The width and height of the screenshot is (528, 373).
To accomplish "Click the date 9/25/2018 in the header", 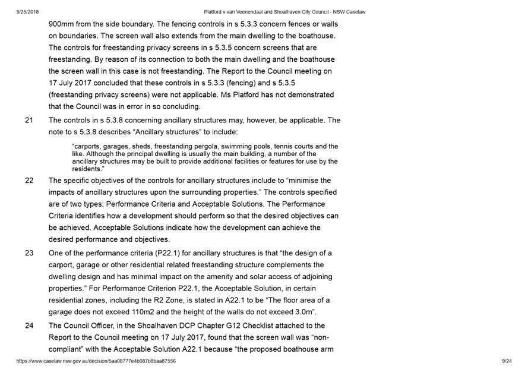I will click(29, 12).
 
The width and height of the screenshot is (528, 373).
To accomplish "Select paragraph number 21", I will click(29, 120).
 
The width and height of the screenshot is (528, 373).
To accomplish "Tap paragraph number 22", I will click(29, 181).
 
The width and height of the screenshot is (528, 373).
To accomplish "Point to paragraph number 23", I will click(29, 253).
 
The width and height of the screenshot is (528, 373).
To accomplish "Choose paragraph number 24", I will click(29, 325).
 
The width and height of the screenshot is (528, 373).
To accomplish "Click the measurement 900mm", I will click(62, 24).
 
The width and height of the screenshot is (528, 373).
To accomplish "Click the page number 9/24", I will click(507, 361).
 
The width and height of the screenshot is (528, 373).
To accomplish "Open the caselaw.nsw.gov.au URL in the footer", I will click(96, 361).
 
